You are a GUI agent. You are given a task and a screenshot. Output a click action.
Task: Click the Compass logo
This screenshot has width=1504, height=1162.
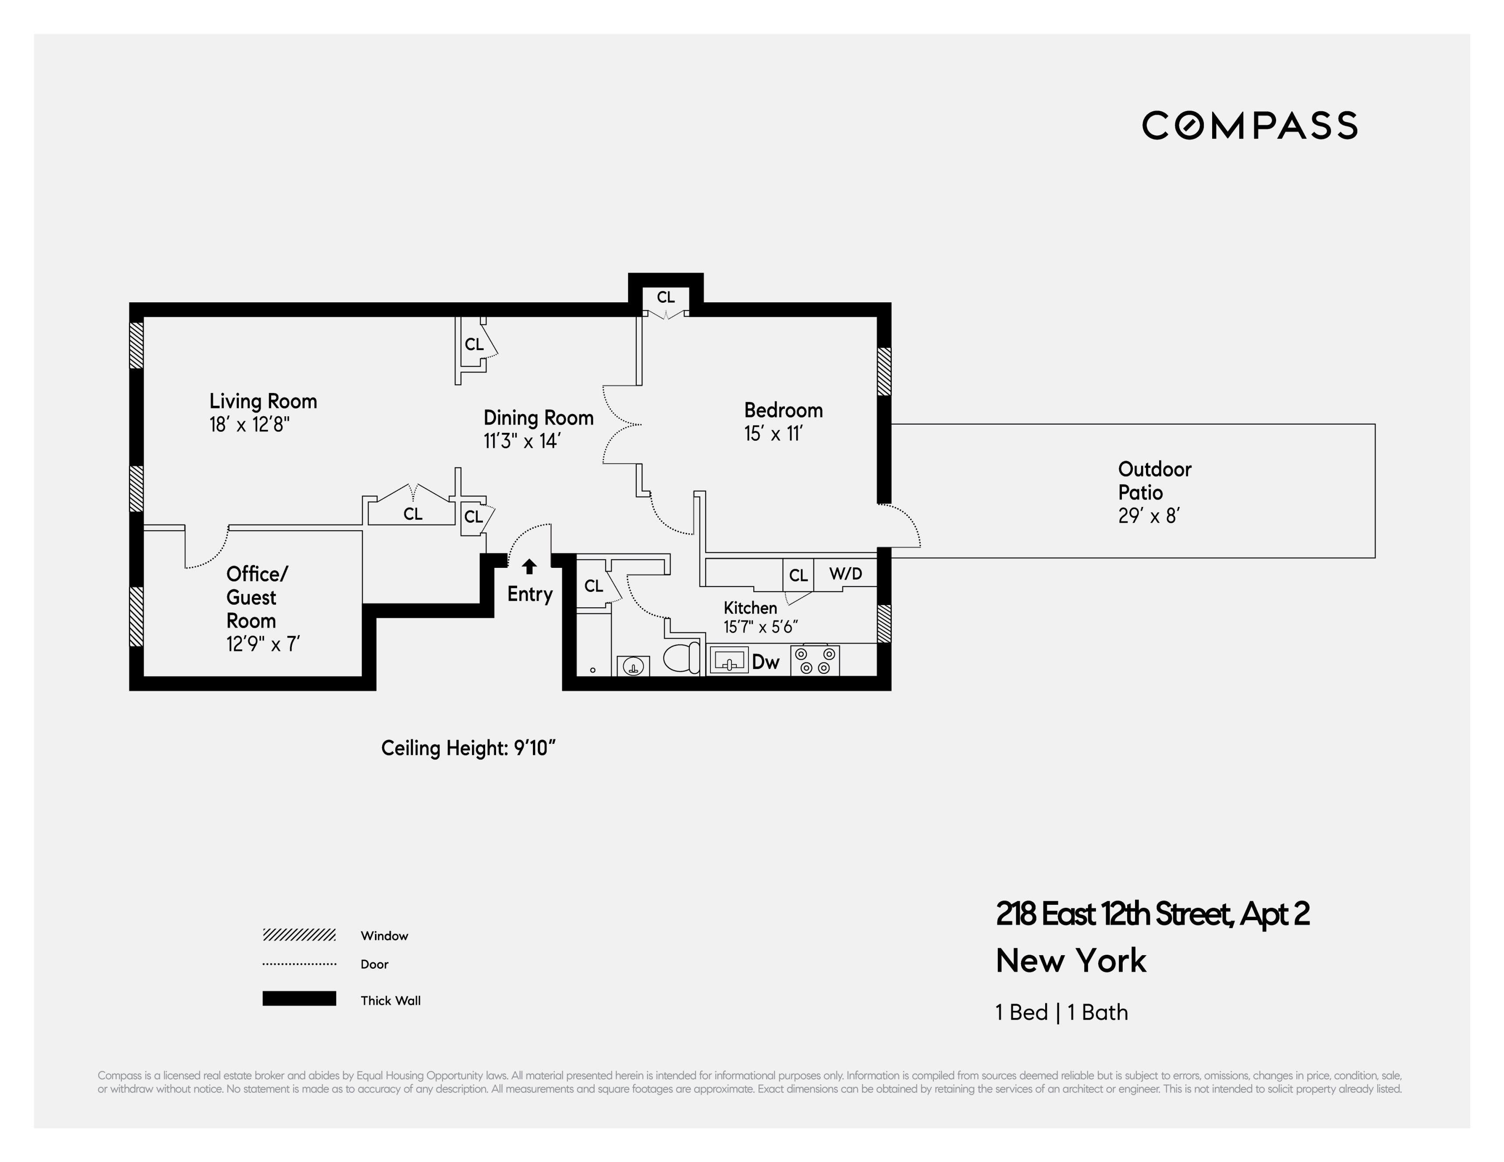1249,125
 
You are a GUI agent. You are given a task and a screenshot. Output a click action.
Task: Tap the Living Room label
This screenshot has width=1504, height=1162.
263,401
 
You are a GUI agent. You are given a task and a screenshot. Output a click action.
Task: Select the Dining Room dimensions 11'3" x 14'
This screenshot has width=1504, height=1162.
521,441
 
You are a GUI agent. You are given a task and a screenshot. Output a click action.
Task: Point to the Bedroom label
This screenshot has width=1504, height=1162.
783,410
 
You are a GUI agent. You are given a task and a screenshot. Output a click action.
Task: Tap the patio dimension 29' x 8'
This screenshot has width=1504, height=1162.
1149,516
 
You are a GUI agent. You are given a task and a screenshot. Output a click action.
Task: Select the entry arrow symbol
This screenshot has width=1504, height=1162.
529,567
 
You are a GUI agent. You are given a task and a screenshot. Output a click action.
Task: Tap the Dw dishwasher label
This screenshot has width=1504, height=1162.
765,662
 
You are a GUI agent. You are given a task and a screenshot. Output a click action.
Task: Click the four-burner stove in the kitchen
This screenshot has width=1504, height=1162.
815,661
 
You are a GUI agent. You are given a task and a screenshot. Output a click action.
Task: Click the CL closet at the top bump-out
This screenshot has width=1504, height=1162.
665,298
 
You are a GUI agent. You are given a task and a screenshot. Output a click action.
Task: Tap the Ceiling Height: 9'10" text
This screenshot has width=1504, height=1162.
468,748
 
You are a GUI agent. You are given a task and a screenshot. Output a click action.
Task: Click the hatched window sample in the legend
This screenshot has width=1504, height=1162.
299,935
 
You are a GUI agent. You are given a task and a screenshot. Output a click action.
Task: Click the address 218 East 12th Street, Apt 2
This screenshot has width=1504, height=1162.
1152,914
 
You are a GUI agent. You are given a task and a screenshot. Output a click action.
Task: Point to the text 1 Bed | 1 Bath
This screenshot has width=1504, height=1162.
1061,1012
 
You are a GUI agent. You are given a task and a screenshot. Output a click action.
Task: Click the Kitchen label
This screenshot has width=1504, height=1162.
750,608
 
